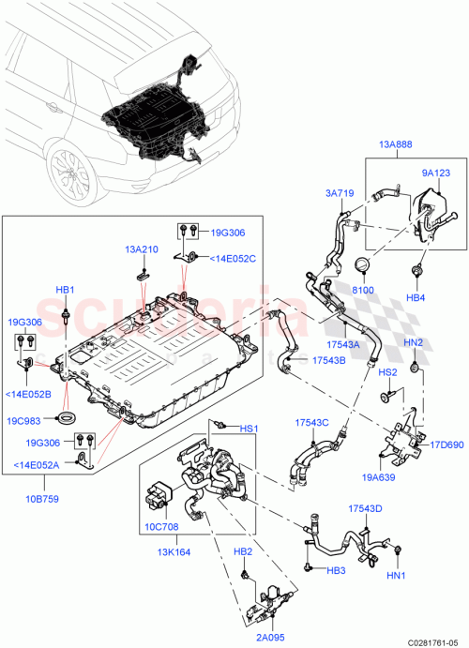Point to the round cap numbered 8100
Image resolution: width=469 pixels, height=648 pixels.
tap(361, 265)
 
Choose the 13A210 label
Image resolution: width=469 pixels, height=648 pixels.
tap(142, 250)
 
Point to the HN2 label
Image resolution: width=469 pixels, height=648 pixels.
tap(414, 342)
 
